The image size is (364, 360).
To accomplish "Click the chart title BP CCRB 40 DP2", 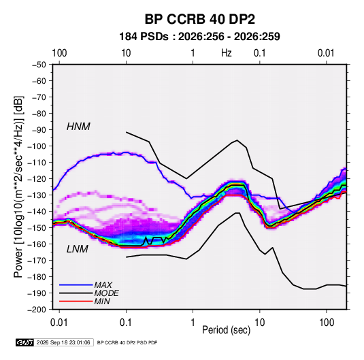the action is [199, 19].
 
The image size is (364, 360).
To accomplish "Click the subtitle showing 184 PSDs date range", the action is [199, 37].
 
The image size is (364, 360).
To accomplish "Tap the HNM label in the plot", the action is [78, 127].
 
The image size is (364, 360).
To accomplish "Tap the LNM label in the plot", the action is [78, 249].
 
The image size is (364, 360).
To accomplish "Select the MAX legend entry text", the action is [103, 285].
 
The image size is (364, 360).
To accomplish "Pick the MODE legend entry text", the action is [107, 293].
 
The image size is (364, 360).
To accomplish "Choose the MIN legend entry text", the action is [102, 301].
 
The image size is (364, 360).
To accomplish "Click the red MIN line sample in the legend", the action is [76, 301].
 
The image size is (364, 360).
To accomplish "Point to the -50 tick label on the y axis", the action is [39, 65].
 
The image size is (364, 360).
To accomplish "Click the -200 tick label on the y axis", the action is [37, 310].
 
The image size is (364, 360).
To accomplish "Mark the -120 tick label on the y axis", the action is [37, 179].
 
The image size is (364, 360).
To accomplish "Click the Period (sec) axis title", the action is [227, 330].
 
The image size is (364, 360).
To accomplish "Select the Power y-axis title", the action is [18, 186].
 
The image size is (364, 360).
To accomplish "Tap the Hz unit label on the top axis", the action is [227, 53].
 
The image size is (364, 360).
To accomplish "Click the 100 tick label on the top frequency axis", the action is [59, 53].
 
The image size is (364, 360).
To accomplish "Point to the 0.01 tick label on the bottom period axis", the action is [59, 323].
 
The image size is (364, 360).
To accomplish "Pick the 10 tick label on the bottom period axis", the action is [259, 323].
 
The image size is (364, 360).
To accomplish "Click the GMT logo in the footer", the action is [25, 342].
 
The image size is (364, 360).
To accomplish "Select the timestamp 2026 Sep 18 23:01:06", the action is [63, 342].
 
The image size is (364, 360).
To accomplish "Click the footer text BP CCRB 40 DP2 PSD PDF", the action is [127, 342].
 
